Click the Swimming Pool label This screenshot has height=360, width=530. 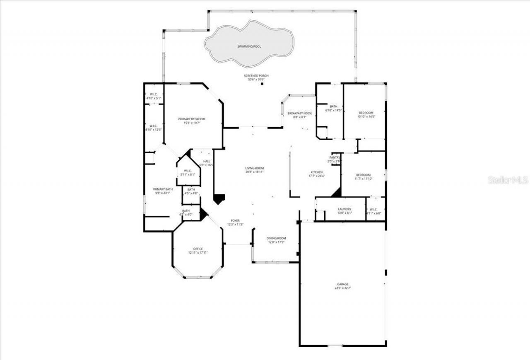pos(249,47)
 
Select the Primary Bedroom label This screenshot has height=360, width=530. pos(192,119)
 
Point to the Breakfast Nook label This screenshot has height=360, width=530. pos(300,113)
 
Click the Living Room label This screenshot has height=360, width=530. pos(254,168)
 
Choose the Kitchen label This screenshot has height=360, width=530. pos(317,172)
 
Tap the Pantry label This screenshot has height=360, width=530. pos(335,157)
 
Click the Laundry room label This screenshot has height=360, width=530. pos(344,209)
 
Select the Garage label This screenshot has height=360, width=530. pos(342,284)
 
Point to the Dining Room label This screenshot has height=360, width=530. pos(276,238)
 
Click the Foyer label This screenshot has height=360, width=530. pos(235,220)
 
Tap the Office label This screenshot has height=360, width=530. pos(198,249)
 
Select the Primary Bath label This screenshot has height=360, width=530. pos(162,189)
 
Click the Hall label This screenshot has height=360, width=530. pos(206,161)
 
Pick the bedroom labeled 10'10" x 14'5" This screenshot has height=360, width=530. pos(366,113)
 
